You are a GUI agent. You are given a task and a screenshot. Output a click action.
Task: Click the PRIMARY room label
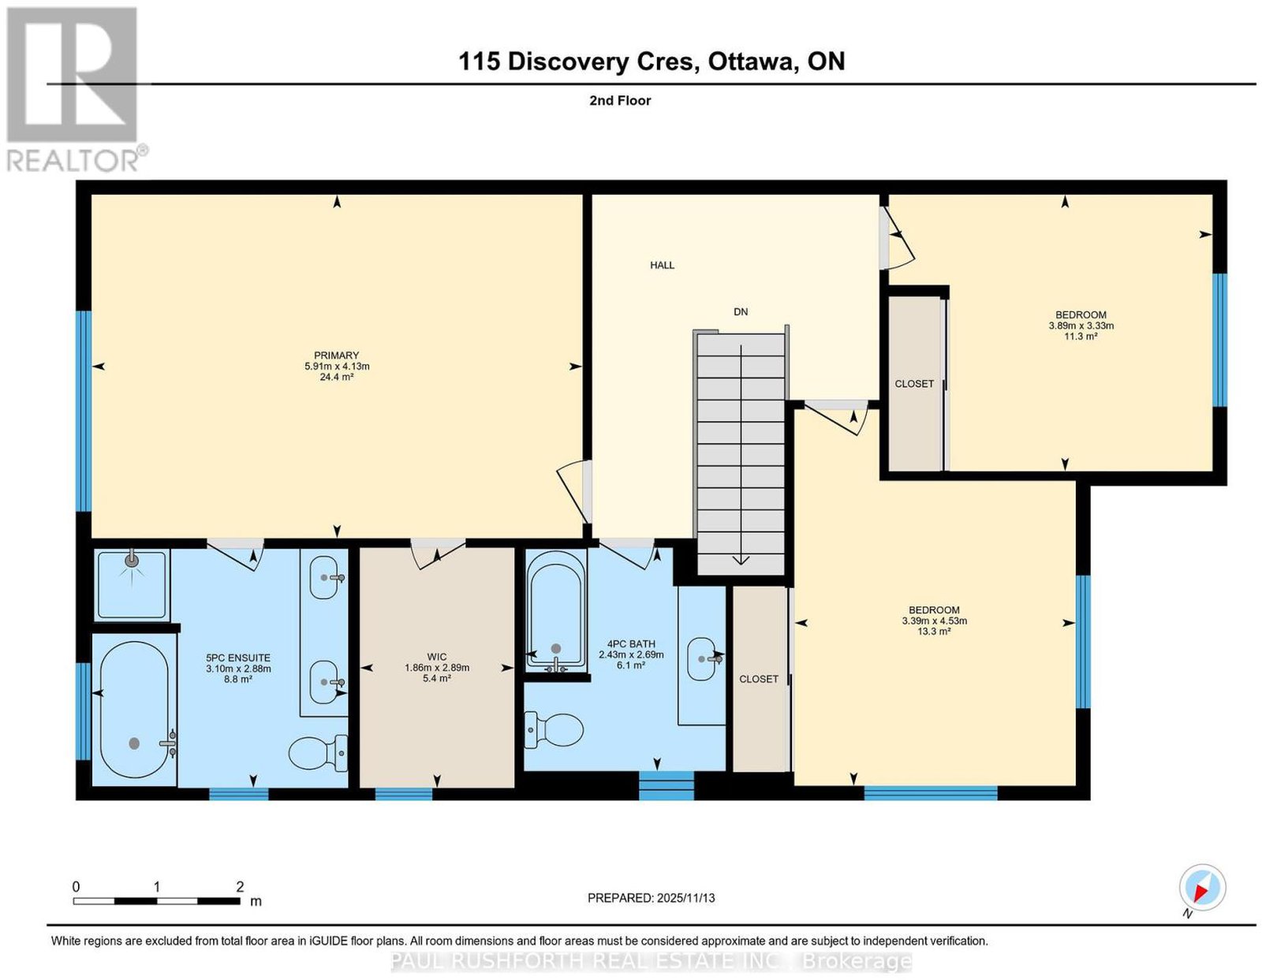coord(336,355)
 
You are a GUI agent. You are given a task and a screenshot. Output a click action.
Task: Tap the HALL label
coord(662,265)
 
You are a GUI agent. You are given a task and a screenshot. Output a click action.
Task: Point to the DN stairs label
coord(741,311)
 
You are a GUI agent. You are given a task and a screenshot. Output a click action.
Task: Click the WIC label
coord(437,657)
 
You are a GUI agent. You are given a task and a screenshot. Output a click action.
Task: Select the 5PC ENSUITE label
coord(238,658)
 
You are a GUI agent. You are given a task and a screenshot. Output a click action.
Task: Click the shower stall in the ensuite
coord(133,584)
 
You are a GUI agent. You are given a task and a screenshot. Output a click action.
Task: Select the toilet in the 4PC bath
coord(554,729)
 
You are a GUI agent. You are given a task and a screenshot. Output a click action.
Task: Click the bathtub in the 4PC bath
coord(556,611)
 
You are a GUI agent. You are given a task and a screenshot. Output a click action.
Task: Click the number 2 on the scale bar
coord(240,887)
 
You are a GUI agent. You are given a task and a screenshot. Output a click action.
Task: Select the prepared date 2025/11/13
coord(686,898)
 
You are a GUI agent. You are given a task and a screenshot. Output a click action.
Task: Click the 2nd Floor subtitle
coord(620,100)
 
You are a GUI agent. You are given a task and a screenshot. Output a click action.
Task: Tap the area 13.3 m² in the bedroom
coord(934,632)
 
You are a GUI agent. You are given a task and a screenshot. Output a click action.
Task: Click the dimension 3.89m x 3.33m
coord(1081,326)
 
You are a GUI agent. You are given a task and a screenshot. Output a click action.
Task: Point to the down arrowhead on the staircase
coord(741,559)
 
